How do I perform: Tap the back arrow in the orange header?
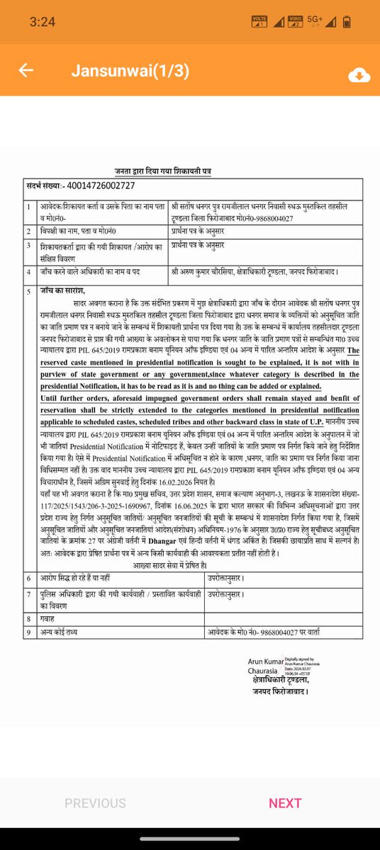(x=26, y=71)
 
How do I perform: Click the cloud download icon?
(x=359, y=75)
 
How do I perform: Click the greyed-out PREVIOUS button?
(x=95, y=803)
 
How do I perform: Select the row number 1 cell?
(x=28, y=209)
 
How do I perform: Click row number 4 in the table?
(x=28, y=271)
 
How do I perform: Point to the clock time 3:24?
(x=43, y=22)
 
